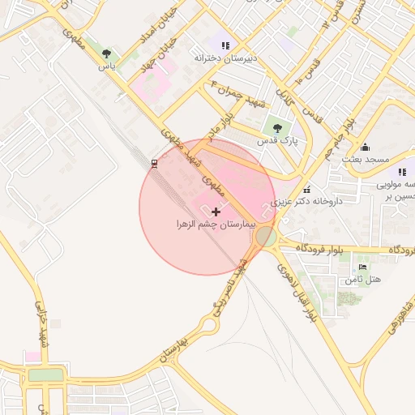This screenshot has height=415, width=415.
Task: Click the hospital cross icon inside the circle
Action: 215,211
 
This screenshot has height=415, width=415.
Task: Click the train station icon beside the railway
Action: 153,164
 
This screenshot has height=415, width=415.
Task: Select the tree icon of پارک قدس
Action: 278,127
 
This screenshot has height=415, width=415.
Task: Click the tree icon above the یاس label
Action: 107,53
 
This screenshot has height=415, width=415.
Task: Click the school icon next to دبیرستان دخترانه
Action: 225,45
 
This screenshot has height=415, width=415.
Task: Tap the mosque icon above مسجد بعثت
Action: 365,147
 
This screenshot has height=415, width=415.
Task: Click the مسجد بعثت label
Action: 366,159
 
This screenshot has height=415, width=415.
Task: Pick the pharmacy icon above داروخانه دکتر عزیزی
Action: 306,189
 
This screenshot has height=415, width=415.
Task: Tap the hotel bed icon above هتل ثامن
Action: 362,267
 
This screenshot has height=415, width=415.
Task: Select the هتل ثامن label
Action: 362,279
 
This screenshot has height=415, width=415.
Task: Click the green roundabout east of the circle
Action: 266,237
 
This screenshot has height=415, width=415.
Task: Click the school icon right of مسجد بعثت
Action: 402,172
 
